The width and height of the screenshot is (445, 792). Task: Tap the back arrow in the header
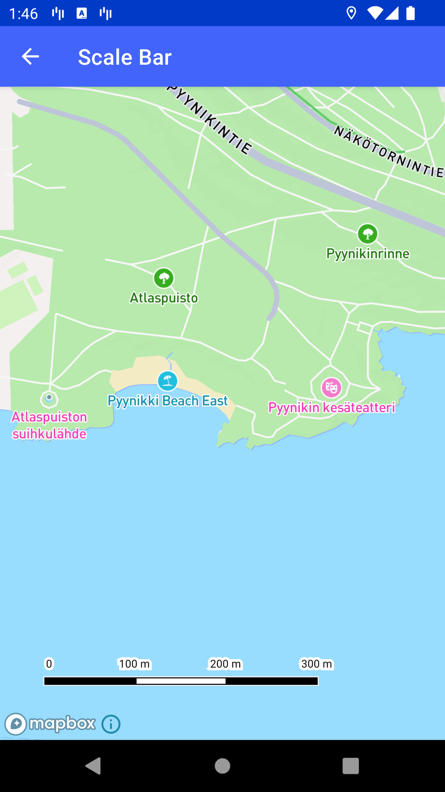coord(30,57)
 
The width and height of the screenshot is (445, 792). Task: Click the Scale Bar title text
coord(125,57)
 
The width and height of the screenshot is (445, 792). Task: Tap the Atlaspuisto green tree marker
coord(164,278)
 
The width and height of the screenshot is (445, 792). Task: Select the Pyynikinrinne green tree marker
coord(368,234)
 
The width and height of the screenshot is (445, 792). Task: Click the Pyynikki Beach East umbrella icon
coord(167,381)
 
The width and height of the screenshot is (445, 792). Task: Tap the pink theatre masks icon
coord(331,387)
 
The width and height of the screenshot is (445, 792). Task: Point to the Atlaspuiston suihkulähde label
coord(49,425)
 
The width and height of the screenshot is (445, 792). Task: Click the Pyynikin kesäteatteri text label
coord(331,407)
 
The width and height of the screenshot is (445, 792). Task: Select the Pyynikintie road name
coord(211,118)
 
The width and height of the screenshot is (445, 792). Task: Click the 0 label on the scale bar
coord(49,664)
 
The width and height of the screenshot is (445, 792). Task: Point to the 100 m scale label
coord(134,664)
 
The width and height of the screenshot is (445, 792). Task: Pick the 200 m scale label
coord(225,664)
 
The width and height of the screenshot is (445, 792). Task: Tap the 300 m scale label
coord(317,664)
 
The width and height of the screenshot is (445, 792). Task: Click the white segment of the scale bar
coord(181,681)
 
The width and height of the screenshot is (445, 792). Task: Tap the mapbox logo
coord(51,724)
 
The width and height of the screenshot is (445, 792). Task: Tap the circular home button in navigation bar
coord(222,766)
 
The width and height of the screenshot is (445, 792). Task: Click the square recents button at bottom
coord(350,766)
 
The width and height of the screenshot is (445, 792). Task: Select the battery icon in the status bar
coord(410,13)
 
